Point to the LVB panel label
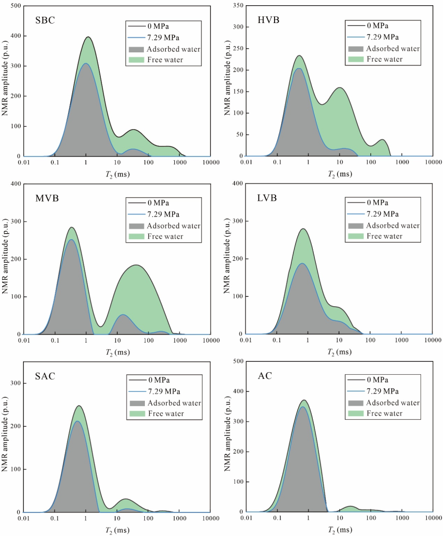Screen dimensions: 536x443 coord(267,199)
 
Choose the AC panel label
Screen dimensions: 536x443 coord(264,378)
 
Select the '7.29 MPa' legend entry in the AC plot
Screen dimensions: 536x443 coord(388,392)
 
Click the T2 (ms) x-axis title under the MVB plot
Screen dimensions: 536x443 coord(117,352)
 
